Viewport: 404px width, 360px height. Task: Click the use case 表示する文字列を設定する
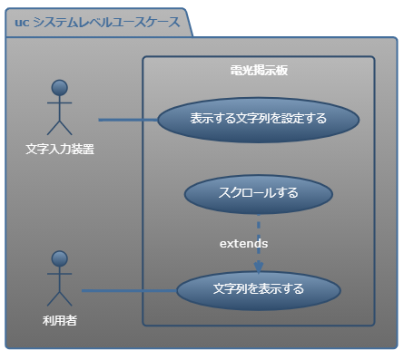point(258,119)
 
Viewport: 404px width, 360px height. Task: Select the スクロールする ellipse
point(258,192)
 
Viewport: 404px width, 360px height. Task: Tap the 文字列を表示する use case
point(258,290)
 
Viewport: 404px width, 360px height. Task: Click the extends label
point(243,244)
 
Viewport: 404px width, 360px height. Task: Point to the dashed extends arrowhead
point(259,267)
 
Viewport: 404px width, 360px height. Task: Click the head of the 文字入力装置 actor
point(60,88)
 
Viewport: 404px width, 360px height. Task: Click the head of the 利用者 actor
point(60,259)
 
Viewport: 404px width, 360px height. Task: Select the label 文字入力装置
point(60,149)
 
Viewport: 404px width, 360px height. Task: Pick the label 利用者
point(60,319)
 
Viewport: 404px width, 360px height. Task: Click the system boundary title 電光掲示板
point(259,70)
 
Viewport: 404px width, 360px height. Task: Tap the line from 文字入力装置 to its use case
point(127,119)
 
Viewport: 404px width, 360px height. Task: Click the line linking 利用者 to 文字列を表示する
point(127,291)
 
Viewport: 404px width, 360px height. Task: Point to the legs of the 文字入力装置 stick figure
point(60,127)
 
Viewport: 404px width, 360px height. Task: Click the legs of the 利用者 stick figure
point(60,298)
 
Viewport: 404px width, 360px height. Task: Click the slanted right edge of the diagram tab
point(190,24)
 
